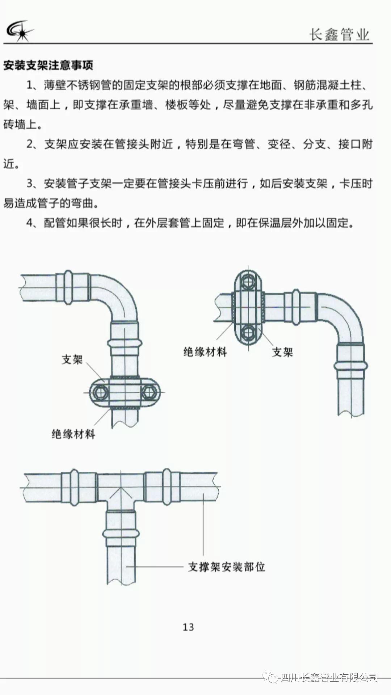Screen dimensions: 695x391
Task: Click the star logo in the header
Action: tap(20, 30)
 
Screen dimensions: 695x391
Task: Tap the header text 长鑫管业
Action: tap(339, 35)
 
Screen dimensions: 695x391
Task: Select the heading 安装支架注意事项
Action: tap(48, 66)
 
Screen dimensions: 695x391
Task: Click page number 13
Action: tap(188, 627)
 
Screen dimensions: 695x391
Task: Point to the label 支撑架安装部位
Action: tap(227, 567)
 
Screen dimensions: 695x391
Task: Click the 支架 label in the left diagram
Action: tap(72, 359)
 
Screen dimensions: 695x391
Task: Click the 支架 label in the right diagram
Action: tap(282, 352)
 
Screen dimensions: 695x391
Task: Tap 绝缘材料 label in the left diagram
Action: tap(73, 434)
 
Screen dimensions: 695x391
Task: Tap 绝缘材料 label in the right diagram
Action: tap(205, 351)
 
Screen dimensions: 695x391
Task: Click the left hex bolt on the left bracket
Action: tap(100, 392)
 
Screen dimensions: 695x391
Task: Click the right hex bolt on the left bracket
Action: tap(149, 392)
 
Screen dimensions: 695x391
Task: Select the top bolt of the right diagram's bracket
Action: tap(248, 282)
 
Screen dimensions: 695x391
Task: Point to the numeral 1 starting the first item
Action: tap(30, 85)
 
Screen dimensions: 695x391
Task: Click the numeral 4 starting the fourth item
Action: tap(30, 223)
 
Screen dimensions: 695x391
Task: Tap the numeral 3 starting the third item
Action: tap(30, 184)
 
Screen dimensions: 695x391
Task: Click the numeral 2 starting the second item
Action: tap(30, 144)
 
